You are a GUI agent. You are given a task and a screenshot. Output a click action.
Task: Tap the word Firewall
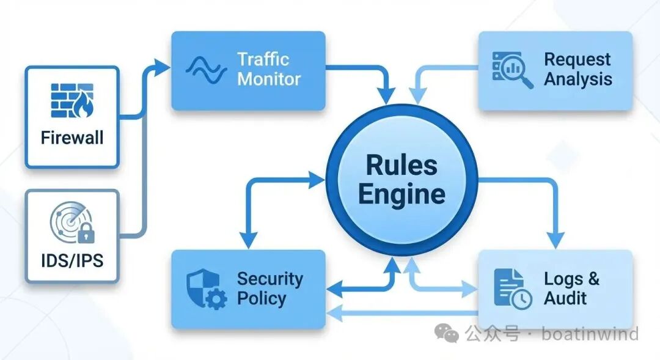pos(72,137)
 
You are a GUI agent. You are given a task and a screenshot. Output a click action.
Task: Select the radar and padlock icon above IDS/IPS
pos(72,225)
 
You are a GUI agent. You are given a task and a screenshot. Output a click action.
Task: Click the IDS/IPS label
pos(72,260)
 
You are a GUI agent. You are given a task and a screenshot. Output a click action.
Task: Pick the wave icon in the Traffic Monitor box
pos(206,69)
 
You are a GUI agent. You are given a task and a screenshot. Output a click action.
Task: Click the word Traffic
pos(263,59)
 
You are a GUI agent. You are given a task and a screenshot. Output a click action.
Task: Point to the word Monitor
pos(269,79)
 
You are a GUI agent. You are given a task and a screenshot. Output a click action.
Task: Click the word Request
pos(577,59)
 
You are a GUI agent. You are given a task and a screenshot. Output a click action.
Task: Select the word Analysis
pos(577,79)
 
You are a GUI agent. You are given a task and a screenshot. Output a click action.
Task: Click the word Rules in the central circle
pos(402,166)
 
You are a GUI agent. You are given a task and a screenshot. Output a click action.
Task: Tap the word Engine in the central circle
pos(402,194)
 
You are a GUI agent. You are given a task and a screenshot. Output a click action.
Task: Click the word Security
pos(269,279)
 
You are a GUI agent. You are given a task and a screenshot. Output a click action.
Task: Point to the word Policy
pos(261,299)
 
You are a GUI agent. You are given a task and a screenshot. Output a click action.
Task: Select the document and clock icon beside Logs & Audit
pos(512,288)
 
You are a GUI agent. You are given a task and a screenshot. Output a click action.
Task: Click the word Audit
pos(565,299)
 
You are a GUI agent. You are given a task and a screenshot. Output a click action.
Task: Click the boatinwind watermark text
pos(590,334)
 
